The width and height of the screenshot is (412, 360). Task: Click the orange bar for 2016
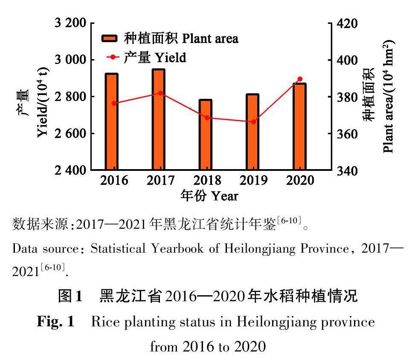[112, 122]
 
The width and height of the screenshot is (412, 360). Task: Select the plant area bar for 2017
[159, 120]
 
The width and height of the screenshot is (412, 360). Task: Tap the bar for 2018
[206, 135]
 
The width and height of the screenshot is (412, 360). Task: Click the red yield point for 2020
[299, 79]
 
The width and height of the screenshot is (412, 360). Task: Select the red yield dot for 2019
[253, 122]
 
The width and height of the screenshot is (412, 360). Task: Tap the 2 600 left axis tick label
[69, 133]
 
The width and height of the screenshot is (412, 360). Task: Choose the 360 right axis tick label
[347, 134]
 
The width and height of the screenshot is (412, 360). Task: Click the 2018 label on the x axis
[207, 181]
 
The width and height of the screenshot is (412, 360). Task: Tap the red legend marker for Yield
[112, 57]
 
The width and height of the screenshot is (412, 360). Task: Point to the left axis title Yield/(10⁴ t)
[43, 113]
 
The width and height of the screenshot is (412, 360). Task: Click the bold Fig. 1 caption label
[55, 322]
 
